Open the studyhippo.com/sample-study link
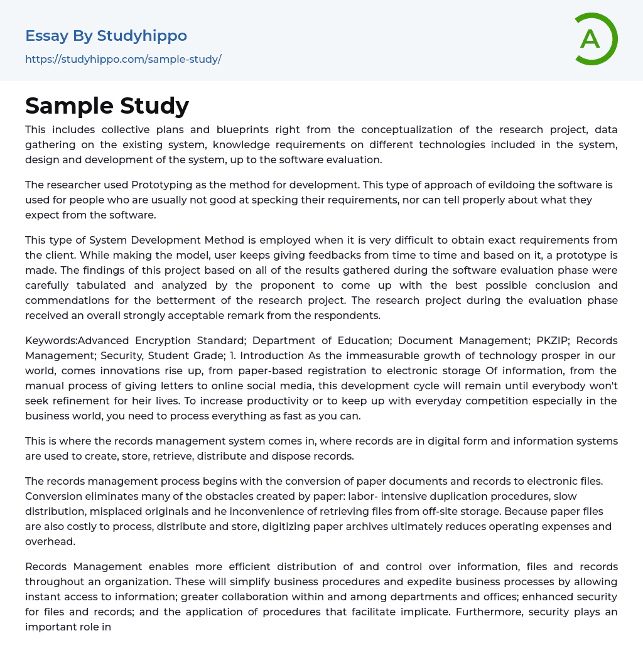point(123,59)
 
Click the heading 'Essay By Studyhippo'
point(106,36)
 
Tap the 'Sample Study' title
point(107,106)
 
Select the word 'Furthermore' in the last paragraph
point(487,612)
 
